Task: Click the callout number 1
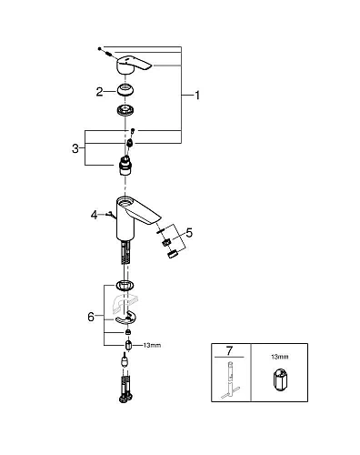197,96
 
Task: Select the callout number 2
99,92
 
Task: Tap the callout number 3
75,148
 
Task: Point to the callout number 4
95,215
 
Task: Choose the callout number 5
189,233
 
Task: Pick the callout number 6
91,317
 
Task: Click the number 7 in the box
229,351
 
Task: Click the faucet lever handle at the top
133,65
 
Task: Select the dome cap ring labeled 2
125,91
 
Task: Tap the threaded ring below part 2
125,109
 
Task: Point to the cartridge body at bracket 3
125,167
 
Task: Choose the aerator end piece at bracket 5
172,254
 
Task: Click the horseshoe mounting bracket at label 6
125,318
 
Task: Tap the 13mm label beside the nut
152,345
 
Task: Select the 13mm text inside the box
280,357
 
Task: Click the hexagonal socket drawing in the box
280,379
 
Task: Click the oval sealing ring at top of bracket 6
125,286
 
